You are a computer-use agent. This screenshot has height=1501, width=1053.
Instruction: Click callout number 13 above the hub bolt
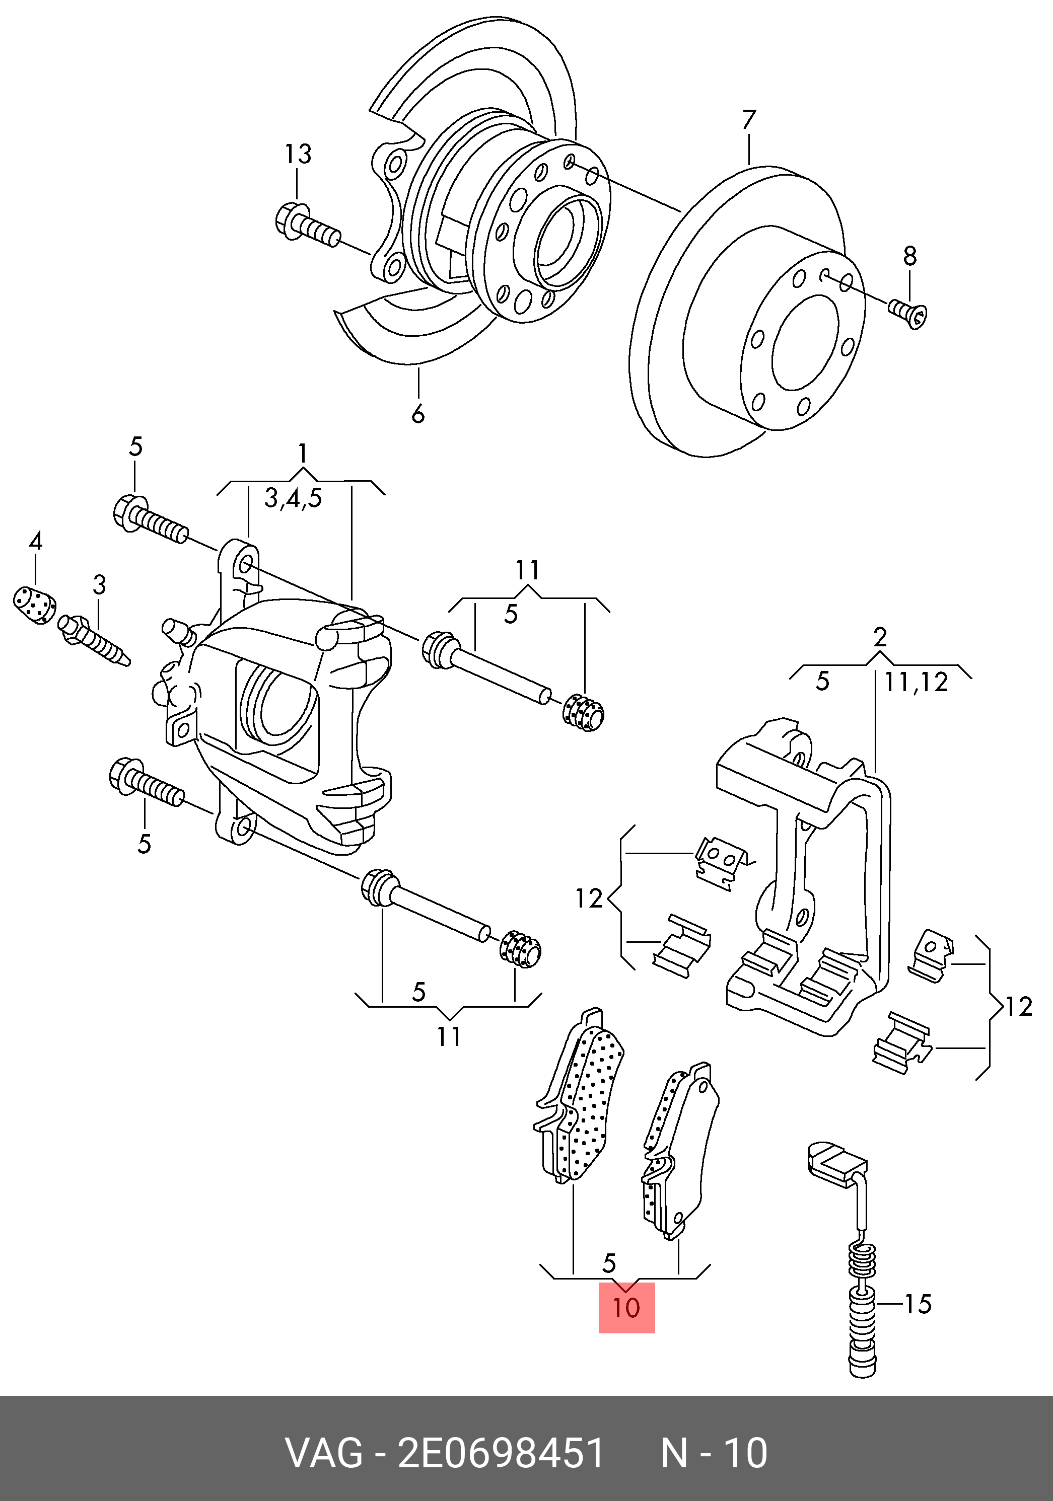tap(298, 155)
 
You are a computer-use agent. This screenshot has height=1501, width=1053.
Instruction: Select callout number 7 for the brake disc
tap(749, 120)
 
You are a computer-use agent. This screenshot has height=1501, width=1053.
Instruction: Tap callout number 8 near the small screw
tap(910, 256)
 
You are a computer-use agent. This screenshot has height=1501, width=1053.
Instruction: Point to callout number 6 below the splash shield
tap(418, 413)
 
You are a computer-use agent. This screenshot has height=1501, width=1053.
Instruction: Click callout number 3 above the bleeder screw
tap(99, 585)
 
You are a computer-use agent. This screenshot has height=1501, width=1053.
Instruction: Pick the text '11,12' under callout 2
tap(917, 683)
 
